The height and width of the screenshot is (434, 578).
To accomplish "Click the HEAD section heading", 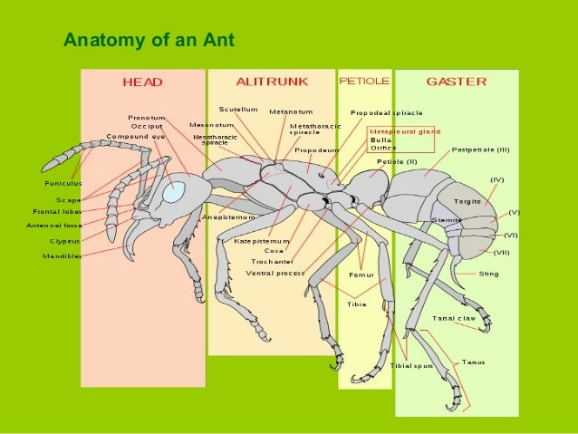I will tap(143, 82).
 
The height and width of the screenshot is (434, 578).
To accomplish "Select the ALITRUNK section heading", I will tap(270, 82).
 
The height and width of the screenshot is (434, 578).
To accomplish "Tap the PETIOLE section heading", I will tap(364, 82).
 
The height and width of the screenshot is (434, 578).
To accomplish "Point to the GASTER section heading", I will tap(456, 82).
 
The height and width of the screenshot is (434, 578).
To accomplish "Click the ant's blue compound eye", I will tap(173, 191).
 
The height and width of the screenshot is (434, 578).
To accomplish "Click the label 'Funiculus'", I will tap(63, 184).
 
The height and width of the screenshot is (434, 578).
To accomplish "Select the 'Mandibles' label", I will tap(63, 256).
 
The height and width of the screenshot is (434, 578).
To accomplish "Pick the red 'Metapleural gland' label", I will tap(405, 131).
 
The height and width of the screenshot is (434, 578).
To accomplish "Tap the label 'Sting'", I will tap(488, 274).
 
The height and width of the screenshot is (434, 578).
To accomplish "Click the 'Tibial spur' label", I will tap(411, 365).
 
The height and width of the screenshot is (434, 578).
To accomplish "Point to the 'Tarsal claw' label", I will tap(454, 318).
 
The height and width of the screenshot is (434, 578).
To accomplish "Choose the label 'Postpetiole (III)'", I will tap(481, 149).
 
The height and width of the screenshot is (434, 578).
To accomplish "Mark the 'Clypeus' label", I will tap(65, 242).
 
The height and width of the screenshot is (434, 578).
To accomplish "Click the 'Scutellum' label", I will tap(239, 110).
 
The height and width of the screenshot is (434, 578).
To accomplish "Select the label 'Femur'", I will tap(361, 275).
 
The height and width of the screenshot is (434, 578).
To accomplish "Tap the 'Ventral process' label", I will tap(275, 272).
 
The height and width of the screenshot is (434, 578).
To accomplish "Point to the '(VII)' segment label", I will tap(501, 252).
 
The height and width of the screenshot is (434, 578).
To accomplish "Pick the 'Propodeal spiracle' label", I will tap(387, 113).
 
